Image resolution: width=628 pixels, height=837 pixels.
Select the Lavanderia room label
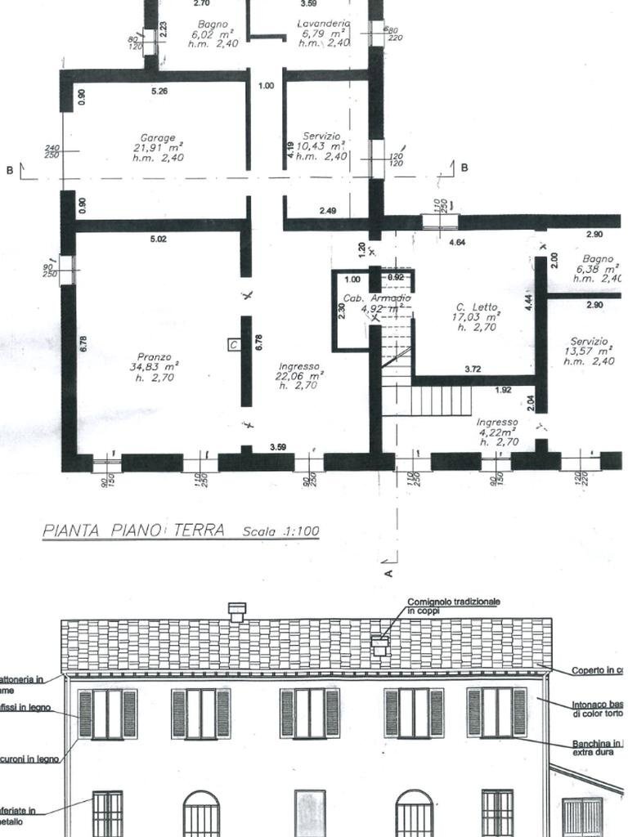pyautogui.click(x=323, y=25)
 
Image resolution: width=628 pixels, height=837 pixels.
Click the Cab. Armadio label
pyautogui.click(x=376, y=298)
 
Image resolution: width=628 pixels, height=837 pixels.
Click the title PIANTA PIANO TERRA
pyautogui.click(x=133, y=530)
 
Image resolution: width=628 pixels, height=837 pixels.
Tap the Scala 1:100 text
pyautogui.click(x=280, y=531)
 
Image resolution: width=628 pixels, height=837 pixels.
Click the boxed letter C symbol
pyautogui.click(x=233, y=345)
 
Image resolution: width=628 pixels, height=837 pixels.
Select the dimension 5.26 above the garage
pyautogui.click(x=159, y=92)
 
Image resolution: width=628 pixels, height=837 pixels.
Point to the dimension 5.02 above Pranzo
pyautogui.click(x=158, y=239)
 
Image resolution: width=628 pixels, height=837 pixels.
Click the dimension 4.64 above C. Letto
pyautogui.click(x=457, y=243)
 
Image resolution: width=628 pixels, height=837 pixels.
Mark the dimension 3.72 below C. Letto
pyautogui.click(x=473, y=369)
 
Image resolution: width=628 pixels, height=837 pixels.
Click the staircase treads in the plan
pyautogui.click(x=442, y=401)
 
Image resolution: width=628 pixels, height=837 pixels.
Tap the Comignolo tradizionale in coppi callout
pyautogui.click(x=453, y=606)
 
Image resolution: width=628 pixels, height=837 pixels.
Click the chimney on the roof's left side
pyautogui.click(x=236, y=611)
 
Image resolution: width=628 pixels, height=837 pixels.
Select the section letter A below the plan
pyautogui.click(x=388, y=573)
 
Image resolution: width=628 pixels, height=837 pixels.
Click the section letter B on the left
pyautogui.click(x=10, y=170)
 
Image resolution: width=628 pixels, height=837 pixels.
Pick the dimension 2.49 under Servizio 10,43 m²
pyautogui.click(x=328, y=212)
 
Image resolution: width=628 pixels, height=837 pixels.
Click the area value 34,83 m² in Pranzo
pyautogui.click(x=155, y=368)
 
